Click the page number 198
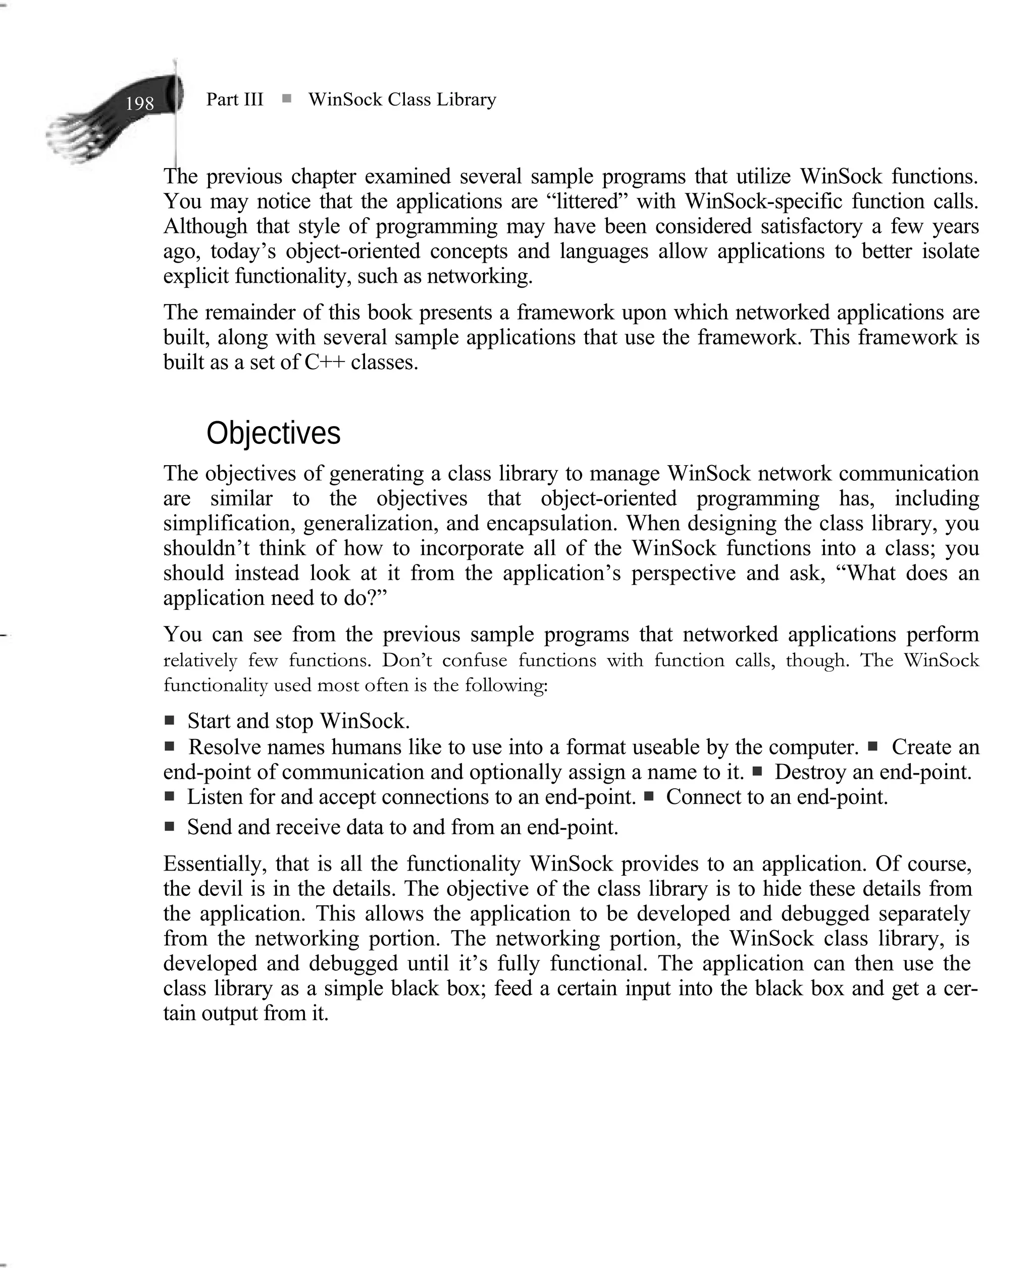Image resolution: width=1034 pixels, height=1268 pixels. tap(139, 104)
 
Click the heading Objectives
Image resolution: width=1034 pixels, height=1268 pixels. tap(273, 433)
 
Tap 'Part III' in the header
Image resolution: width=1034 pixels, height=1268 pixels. tap(234, 99)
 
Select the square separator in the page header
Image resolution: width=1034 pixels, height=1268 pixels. tap(286, 99)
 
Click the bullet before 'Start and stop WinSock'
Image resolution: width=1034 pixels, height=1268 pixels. tap(170, 721)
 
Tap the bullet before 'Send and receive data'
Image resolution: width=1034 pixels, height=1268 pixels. tap(170, 827)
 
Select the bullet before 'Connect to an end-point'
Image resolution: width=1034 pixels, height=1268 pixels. tap(649, 796)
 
